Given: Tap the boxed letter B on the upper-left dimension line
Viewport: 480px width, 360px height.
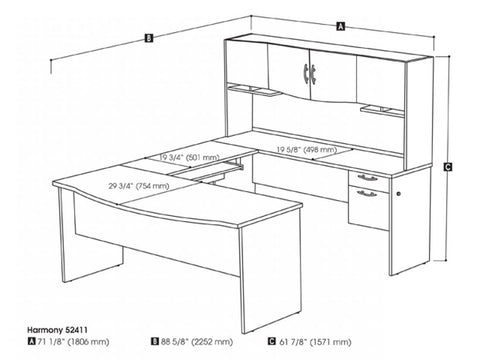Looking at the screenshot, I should pos(148,39).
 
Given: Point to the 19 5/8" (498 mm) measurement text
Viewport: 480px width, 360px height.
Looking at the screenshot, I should pos(312,150).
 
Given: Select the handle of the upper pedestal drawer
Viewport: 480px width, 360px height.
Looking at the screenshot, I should pos(367,178).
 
